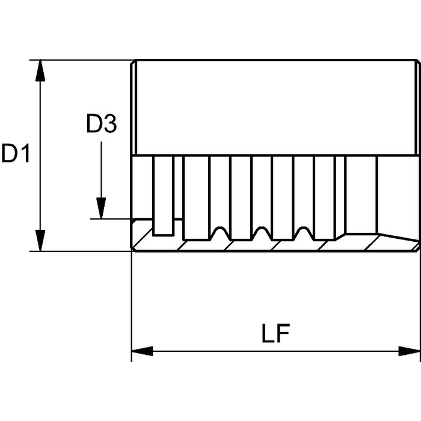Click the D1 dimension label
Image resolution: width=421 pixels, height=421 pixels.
tap(16, 154)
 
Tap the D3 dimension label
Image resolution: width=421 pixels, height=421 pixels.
tap(101, 125)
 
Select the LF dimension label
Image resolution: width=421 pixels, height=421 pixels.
tap(276, 336)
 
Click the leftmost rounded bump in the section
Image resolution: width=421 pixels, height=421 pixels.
tap(220, 232)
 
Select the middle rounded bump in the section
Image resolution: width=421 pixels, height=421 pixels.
tap(262, 232)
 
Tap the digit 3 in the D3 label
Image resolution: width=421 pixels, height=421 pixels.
tap(109, 125)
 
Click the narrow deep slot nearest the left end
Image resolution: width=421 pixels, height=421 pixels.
tap(162, 195)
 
